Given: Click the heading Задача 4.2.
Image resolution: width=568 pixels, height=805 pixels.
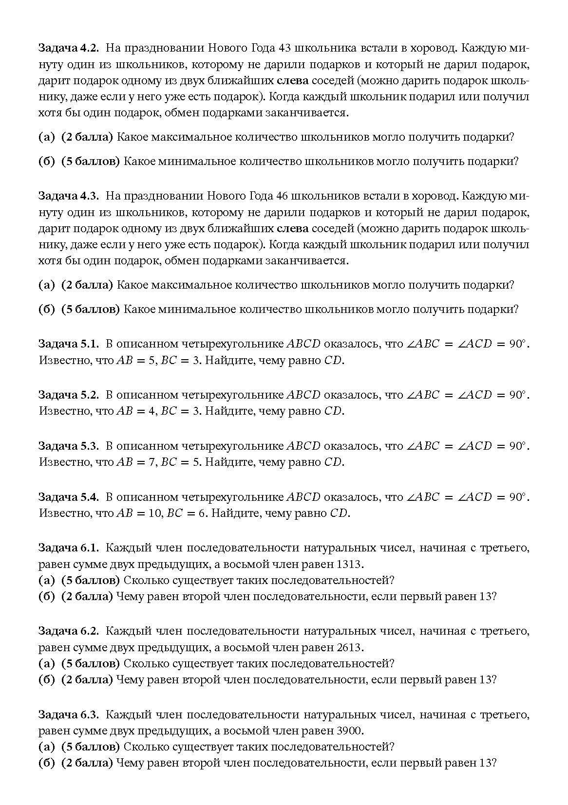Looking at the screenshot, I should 69,48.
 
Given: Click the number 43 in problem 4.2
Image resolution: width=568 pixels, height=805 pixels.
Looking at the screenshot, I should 284,48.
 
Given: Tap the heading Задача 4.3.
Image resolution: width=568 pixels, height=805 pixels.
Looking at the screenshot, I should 69,196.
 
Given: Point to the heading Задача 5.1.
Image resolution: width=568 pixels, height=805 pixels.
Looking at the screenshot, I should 69,344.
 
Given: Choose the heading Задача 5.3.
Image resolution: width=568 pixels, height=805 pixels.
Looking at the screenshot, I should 69,446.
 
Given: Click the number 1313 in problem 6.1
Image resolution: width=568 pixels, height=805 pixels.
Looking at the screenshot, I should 350,564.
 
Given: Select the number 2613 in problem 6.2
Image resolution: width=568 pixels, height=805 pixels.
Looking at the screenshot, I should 350,647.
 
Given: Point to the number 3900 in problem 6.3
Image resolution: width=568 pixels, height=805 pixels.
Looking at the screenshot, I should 350,731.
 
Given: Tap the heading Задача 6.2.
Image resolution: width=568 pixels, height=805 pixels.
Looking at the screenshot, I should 69,631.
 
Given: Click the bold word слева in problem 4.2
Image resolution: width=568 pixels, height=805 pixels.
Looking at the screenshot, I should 292,81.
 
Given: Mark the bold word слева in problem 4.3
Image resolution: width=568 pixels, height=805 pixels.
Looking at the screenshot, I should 292,229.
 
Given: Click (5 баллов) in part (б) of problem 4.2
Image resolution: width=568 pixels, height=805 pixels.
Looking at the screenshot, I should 90,162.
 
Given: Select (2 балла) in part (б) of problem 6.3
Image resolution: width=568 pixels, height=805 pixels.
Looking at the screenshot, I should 87,763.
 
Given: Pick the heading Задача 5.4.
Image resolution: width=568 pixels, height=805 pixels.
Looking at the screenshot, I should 69,497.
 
